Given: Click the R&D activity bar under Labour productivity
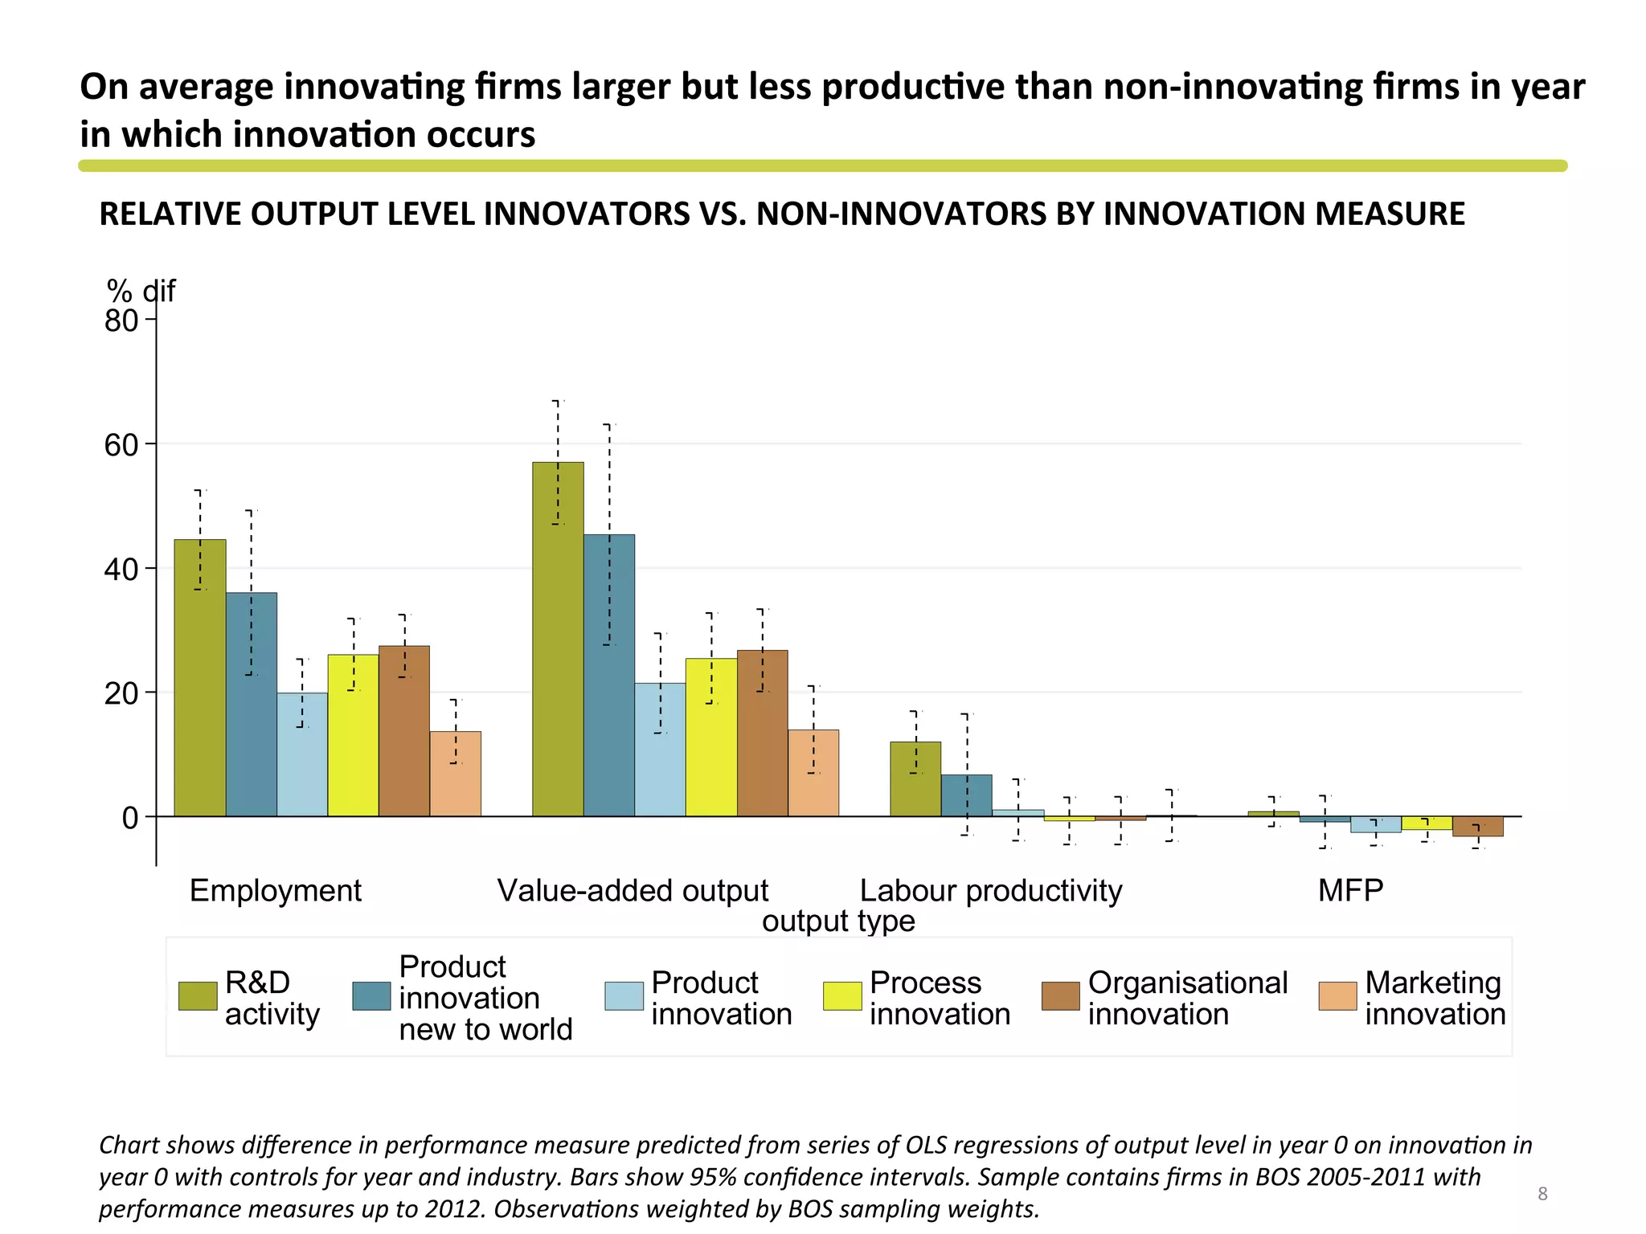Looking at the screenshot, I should pyautogui.click(x=915, y=778).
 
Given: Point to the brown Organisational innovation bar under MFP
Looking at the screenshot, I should pyautogui.click(x=1477, y=826).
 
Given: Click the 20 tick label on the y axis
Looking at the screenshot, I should pyautogui.click(x=121, y=693).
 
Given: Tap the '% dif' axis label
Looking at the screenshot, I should pyautogui.click(x=141, y=291).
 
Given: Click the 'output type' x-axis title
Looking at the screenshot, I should pyautogui.click(x=838, y=921).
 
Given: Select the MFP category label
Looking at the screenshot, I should pyautogui.click(x=1350, y=890).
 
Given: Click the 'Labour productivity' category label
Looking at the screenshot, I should pyautogui.click(x=990, y=890).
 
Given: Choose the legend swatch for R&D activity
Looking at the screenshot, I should pyautogui.click(x=197, y=995).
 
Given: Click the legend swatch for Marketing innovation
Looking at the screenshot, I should pyautogui.click(x=1337, y=995).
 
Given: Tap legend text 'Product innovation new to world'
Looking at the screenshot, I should pyautogui.click(x=485, y=998).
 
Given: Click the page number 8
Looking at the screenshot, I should pyautogui.click(x=1542, y=1193).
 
